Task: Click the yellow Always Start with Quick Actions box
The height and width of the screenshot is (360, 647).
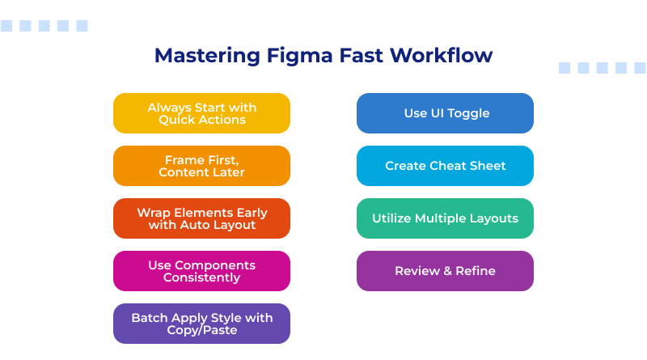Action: click(201, 113)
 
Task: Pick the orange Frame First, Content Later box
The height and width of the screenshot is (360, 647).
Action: click(201, 166)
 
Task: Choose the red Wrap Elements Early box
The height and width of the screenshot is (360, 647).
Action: click(201, 218)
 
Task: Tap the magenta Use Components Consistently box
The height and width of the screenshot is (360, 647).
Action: click(201, 271)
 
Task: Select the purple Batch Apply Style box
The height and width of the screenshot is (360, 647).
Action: click(201, 324)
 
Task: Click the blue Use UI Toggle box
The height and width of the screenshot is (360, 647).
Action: click(445, 113)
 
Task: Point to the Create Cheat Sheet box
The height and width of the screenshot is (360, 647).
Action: click(445, 166)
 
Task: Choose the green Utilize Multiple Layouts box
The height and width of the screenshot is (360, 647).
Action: click(445, 218)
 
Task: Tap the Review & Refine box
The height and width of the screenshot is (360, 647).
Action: click(445, 271)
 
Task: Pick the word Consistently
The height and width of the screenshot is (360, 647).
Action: click(201, 277)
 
